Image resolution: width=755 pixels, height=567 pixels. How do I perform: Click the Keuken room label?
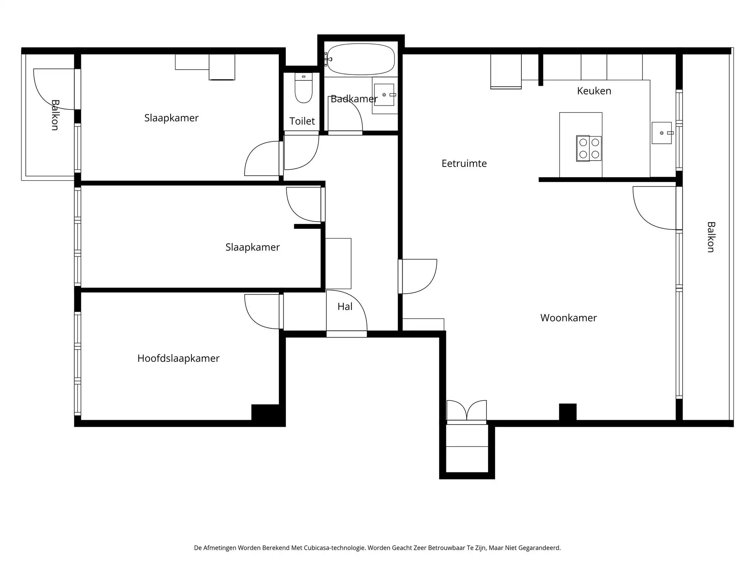coord(594,91)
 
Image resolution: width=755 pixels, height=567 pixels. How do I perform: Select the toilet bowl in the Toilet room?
coord(304,91)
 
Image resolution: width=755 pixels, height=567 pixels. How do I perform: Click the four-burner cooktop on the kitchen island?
coord(589,148)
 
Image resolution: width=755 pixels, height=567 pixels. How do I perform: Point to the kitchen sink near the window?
coord(662,133)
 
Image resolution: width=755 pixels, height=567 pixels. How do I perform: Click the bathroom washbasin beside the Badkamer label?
coord(384,95)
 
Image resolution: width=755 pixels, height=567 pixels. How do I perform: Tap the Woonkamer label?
coord(568,318)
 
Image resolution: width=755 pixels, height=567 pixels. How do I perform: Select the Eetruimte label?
coord(464,163)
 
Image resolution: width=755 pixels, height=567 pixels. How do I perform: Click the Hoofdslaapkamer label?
coord(178,358)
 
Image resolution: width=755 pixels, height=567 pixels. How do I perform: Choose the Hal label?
coord(345,307)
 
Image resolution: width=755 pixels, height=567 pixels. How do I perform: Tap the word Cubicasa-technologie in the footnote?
coord(334,548)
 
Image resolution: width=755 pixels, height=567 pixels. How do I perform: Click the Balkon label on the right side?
coord(711,237)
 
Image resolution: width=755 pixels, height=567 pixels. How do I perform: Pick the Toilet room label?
coord(302,121)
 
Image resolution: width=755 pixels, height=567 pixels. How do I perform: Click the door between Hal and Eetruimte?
coord(418,276)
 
